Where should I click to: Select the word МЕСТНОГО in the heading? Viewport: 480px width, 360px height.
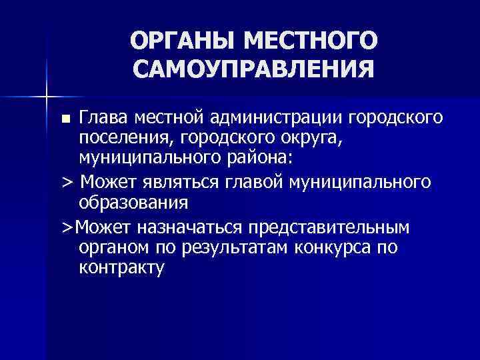[x=312, y=41]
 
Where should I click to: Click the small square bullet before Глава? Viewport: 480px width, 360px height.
[x=66, y=119]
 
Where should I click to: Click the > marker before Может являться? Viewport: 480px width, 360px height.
[x=66, y=183]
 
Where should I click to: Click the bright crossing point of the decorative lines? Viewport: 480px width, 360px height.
[x=47, y=97]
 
